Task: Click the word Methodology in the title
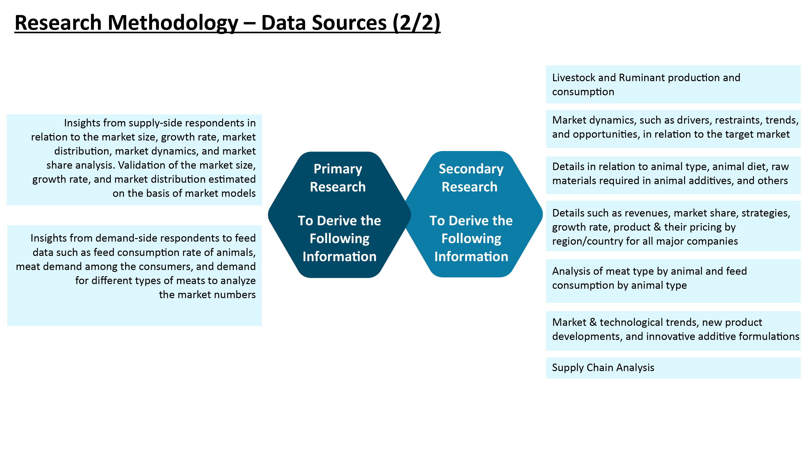pos(173,23)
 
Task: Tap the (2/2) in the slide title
pos(416,23)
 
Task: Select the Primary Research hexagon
pos(339,214)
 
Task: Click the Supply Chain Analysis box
pos(673,368)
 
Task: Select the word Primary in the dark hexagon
pos(338,169)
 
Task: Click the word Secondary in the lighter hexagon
pos(471,169)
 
